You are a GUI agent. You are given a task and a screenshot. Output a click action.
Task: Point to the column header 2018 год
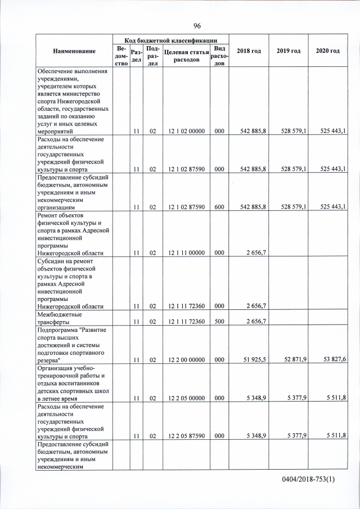249,51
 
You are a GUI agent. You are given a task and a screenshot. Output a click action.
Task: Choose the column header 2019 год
288,51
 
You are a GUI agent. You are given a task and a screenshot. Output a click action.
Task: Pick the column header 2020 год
327,51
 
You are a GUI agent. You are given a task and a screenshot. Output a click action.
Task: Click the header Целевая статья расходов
183,56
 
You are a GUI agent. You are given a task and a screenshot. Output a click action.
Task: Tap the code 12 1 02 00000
183,131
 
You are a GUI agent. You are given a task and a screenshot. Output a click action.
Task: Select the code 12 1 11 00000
183,253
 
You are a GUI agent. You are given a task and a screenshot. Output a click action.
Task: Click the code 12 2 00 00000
183,359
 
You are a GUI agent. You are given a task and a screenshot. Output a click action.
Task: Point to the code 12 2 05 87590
183,435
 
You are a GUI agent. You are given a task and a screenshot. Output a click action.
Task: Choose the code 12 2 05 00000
183,398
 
